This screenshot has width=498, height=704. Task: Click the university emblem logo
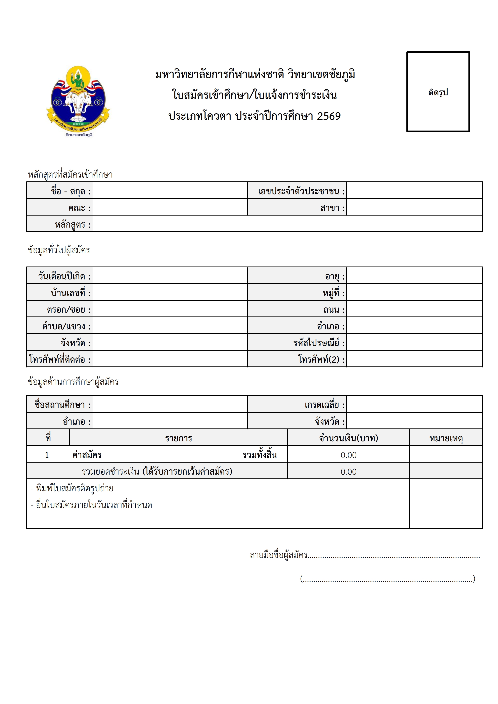pyautogui.click(x=78, y=101)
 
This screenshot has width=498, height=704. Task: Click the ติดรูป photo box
pyautogui.click(x=438, y=92)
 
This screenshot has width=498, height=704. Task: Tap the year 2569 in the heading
pyautogui.click(x=329, y=116)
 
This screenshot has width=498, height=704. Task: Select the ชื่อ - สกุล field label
pyautogui.click(x=71, y=191)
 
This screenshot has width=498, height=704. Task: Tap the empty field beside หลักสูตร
pyautogui.click(x=287, y=224)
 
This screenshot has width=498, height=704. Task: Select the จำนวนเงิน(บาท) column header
pyautogui.click(x=348, y=438)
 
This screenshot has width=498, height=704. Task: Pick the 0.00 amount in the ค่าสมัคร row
pyautogui.click(x=348, y=455)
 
